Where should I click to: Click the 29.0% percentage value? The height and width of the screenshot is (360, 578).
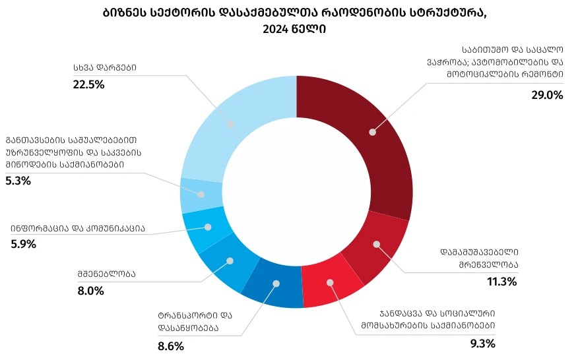pos(547,95)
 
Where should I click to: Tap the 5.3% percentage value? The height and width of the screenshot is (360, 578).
pos(18,181)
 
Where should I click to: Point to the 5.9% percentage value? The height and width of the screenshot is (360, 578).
pos(23,244)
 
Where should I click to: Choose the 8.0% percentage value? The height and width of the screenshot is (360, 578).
pos(91,290)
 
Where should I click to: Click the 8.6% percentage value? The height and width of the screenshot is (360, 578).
pos(170,346)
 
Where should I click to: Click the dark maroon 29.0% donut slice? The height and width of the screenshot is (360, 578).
pos(372,132)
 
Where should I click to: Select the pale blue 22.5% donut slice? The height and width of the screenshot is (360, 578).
pos(231,123)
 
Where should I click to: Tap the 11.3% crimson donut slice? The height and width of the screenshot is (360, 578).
pos(377,245)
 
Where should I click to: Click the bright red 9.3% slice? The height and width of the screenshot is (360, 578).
pos(331,283)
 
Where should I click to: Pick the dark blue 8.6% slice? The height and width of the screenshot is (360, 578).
pos(276,284)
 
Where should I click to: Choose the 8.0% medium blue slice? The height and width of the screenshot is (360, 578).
pos(230,261)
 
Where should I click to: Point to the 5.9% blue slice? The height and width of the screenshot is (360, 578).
pos(207,227)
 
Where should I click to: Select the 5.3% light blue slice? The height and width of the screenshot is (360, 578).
pos(201,194)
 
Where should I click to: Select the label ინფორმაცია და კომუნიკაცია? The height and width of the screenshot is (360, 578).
pos(78,228)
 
